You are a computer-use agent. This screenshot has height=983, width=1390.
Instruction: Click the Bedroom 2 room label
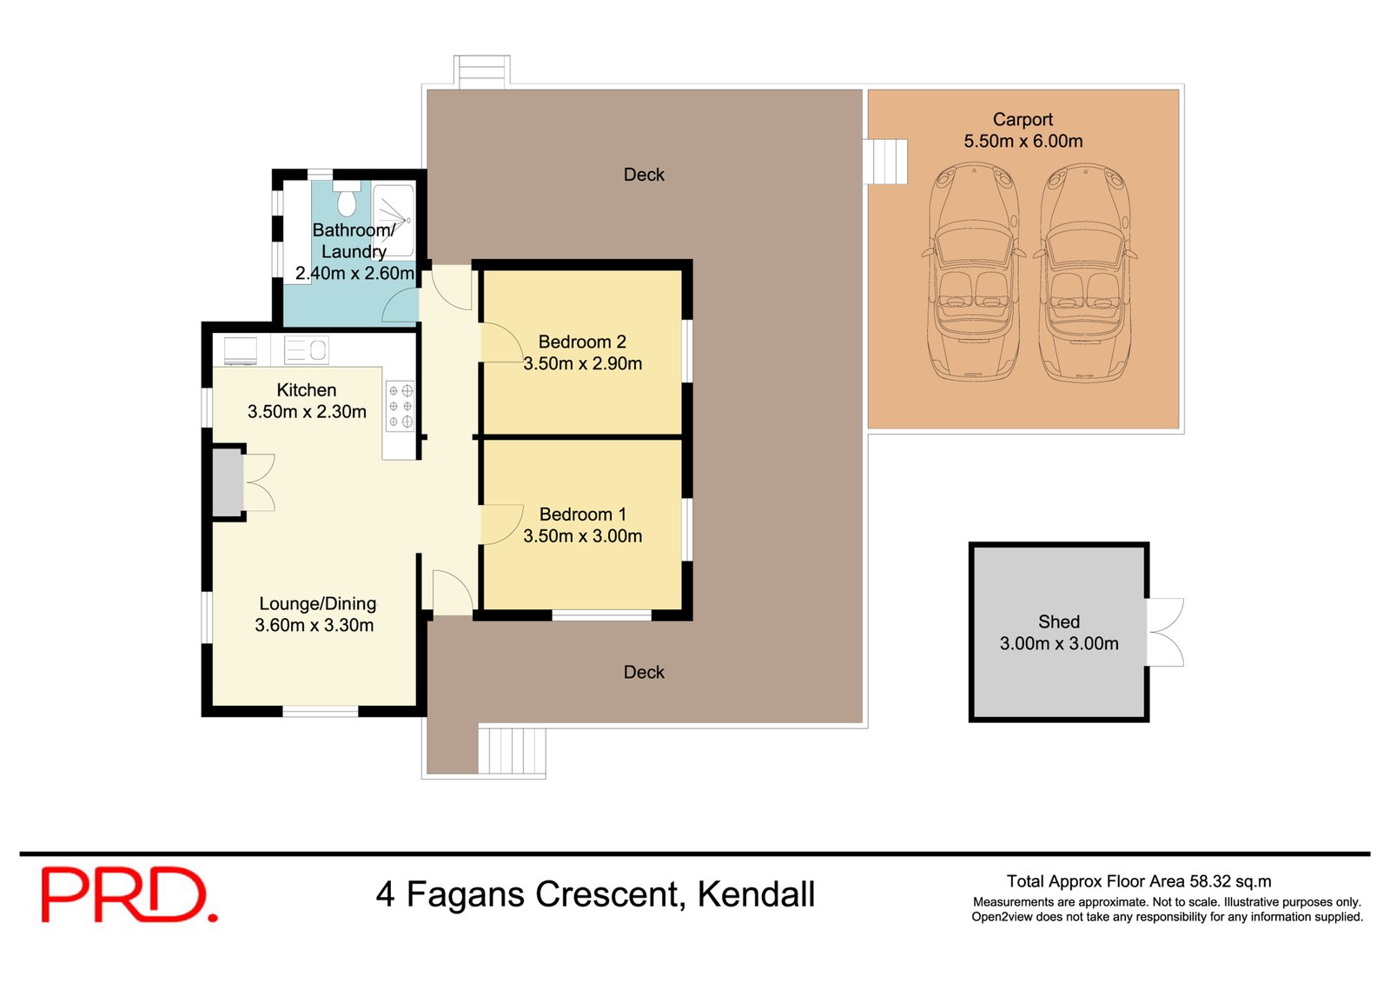tap(582, 342)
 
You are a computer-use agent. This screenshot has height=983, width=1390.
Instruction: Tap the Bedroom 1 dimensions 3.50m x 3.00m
tap(582, 536)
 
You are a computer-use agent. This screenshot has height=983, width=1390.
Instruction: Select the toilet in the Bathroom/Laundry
tap(347, 201)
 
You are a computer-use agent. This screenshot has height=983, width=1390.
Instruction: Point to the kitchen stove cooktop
tap(400, 407)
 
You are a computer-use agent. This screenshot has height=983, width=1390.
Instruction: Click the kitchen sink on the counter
tap(306, 350)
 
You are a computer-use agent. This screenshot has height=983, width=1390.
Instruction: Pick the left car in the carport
tap(973, 274)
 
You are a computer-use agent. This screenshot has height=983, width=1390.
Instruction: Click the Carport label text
tap(1023, 120)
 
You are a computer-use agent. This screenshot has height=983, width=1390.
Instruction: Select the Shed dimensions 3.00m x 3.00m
tap(1059, 644)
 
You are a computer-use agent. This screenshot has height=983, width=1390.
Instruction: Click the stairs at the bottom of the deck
tap(512, 751)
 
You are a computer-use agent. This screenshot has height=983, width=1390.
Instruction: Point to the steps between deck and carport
tap(885, 162)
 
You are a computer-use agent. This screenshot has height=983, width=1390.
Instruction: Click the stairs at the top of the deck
tap(481, 71)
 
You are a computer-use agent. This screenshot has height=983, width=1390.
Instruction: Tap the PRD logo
tap(128, 894)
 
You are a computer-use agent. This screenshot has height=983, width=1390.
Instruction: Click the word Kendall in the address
tap(756, 894)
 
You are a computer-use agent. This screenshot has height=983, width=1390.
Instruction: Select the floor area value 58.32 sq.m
tap(1230, 881)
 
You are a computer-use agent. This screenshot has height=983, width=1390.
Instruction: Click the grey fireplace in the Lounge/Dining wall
tap(228, 482)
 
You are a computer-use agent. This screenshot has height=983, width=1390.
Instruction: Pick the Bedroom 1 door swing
tap(499, 525)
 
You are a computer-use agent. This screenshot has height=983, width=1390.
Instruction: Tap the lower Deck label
tap(644, 672)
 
